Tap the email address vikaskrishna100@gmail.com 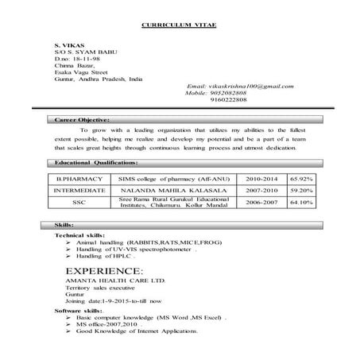pos(242,85)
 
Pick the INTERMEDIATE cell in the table pos(79,192)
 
